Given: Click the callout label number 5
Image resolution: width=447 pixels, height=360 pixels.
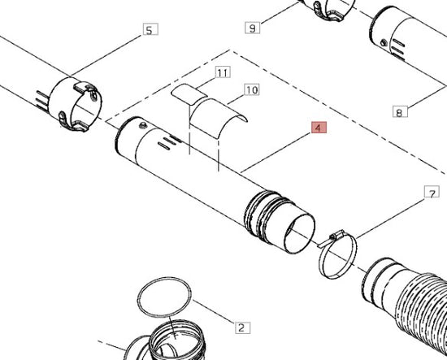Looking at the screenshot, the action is (150, 29).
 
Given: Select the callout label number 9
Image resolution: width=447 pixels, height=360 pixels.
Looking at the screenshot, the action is (252, 28).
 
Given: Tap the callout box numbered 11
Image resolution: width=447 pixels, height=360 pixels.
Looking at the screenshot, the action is (223, 72).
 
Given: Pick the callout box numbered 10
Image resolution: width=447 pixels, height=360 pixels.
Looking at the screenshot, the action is (252, 89).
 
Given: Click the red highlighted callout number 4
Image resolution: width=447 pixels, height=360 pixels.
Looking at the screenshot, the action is (319, 127).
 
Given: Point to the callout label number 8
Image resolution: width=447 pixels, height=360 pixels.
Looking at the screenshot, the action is (400, 111).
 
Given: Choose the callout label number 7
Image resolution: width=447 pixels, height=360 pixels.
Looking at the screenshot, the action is (432, 192).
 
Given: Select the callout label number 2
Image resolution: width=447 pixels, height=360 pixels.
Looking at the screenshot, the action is (243, 327).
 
